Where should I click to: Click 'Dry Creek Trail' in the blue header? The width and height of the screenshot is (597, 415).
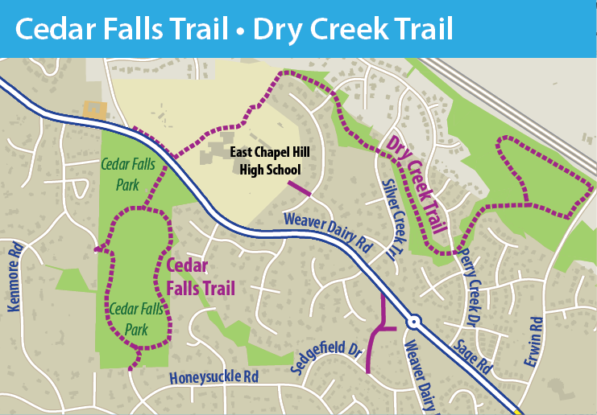(x=353, y=29)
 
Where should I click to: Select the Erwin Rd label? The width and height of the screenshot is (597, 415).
(x=533, y=343)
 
